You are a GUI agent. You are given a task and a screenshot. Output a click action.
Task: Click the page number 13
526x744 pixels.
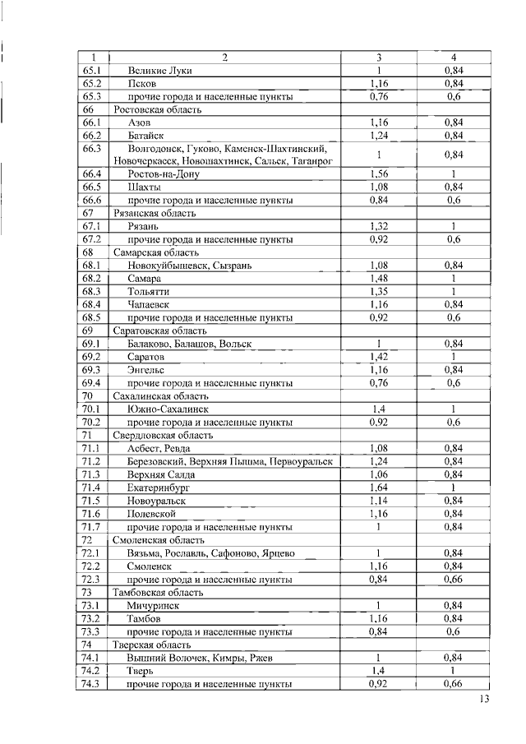point(484,700)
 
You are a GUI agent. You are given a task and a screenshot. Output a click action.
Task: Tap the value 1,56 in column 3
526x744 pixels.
point(379,173)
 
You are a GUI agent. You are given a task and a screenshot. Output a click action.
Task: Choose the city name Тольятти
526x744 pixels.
point(149,291)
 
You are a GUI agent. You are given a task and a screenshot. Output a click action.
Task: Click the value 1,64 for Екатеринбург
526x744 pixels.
point(379,487)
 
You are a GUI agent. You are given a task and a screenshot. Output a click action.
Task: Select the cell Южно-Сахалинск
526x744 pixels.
point(168,409)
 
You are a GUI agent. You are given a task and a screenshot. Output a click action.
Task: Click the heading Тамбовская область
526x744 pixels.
point(159,592)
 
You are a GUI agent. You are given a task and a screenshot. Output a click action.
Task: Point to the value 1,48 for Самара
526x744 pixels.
point(379,279)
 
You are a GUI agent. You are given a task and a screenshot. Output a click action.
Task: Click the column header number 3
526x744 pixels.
point(379,57)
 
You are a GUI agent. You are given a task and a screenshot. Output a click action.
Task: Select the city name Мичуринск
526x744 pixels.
point(154,605)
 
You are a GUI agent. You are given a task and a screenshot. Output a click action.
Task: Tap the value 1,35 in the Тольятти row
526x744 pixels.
point(379,291)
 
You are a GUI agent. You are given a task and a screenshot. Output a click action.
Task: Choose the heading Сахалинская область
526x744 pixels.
point(159,395)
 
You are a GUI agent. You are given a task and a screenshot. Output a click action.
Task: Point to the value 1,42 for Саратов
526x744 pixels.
point(379,357)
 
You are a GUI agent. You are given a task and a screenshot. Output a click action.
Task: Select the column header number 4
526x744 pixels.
point(454,57)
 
